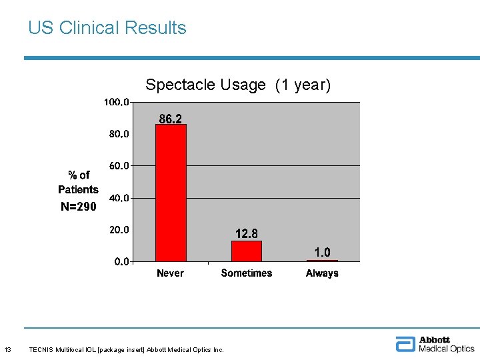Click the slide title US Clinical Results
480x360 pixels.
[x=107, y=28]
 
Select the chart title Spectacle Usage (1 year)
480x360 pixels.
[x=238, y=85]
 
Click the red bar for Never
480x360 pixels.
[x=171, y=193]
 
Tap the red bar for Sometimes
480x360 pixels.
[x=246, y=251]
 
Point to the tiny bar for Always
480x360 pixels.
[x=322, y=261]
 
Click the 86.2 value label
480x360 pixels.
[x=171, y=119]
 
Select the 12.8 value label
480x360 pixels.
[x=247, y=233]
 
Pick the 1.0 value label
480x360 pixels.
[x=322, y=252]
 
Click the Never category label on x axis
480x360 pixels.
[x=170, y=273]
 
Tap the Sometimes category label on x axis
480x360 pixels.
[x=247, y=273]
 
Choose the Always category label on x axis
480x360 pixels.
[x=322, y=273]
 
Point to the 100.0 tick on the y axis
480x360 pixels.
[x=117, y=102]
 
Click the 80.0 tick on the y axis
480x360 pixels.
[x=119, y=134]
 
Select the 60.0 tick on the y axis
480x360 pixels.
[x=119, y=166]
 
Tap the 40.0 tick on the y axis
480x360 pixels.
[x=119, y=198]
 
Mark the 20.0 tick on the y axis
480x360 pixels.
[x=119, y=230]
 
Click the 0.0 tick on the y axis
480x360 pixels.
[x=121, y=262]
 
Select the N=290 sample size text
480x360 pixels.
[x=79, y=207]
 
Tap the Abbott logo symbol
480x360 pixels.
[x=405, y=345]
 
